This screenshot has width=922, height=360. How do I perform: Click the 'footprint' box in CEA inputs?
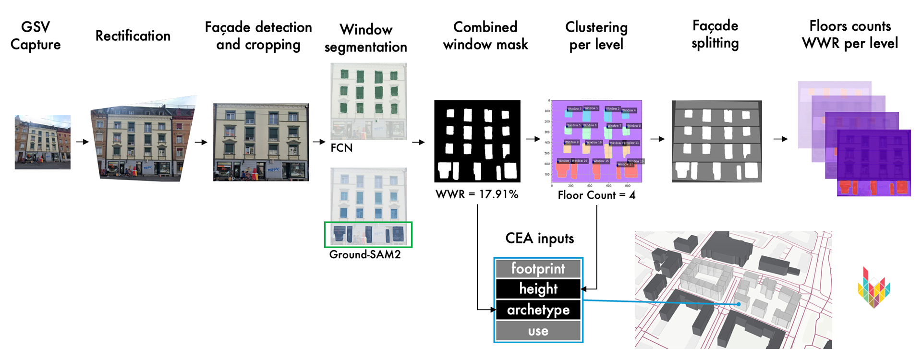(x=538, y=268)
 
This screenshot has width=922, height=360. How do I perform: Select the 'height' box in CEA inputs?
(x=538, y=289)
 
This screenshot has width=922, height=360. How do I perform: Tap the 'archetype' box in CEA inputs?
(x=538, y=310)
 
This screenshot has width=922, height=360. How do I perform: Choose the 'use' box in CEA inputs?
(x=538, y=331)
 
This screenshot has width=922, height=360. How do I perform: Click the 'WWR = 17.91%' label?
(x=477, y=194)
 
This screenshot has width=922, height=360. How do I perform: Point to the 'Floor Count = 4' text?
(x=596, y=195)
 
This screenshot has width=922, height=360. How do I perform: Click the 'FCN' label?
(x=341, y=148)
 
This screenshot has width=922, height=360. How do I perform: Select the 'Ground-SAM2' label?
(x=365, y=255)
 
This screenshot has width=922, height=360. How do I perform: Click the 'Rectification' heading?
(x=133, y=36)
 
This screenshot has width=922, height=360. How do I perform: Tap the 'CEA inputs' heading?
(x=539, y=239)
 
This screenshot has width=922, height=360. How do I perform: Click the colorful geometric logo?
(x=874, y=288)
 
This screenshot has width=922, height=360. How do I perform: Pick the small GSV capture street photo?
(x=42, y=142)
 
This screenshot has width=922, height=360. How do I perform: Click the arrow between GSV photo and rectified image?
(x=83, y=142)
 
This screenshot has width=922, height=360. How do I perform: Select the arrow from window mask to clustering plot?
(x=533, y=139)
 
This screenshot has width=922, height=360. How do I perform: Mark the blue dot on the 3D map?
(x=739, y=304)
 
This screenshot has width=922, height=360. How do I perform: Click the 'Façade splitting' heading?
(x=715, y=35)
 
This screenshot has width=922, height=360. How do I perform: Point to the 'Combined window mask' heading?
(x=485, y=36)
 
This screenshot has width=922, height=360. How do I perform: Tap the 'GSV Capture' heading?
(x=36, y=36)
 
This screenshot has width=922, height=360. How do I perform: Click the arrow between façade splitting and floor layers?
(x=780, y=139)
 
